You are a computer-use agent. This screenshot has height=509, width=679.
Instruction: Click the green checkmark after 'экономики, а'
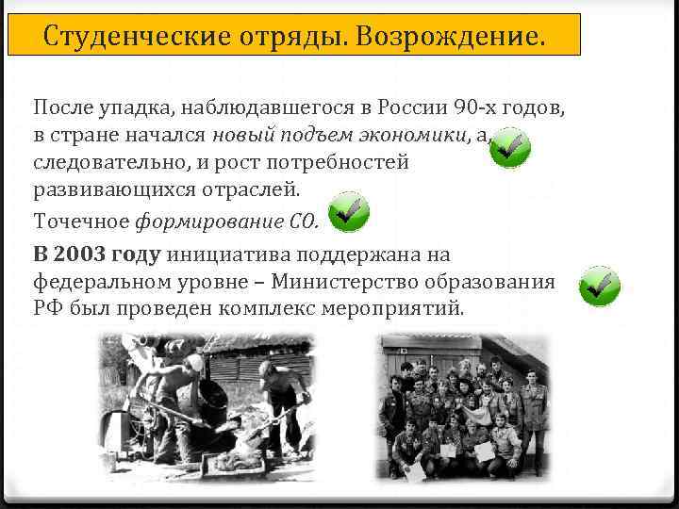[510, 148]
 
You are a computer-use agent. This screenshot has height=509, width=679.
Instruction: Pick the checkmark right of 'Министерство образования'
[599, 284]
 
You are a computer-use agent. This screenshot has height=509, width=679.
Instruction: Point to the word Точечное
[82, 222]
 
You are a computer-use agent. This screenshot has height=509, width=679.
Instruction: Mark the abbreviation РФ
[46, 308]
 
